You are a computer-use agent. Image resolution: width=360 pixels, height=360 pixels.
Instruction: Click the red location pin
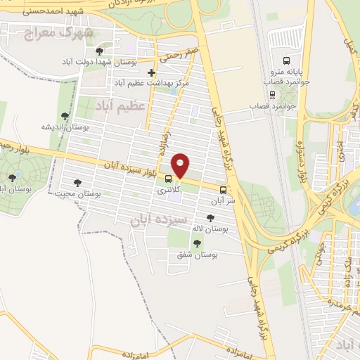[181, 166]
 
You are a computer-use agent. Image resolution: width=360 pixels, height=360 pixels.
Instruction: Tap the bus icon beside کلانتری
[168, 179]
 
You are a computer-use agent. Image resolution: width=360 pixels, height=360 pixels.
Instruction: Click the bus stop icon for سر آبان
[224, 189]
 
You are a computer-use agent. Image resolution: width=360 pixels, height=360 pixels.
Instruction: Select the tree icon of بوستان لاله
[210, 218]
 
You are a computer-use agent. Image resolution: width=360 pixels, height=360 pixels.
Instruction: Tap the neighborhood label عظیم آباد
[120, 105]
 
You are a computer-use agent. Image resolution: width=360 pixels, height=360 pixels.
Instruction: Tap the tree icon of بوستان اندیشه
[65, 116]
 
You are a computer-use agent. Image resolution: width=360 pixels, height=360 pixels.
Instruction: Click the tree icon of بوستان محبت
[77, 182]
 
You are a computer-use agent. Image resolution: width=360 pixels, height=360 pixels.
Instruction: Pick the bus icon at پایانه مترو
[285, 60]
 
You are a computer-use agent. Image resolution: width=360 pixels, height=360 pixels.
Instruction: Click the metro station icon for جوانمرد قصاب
[273, 94]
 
